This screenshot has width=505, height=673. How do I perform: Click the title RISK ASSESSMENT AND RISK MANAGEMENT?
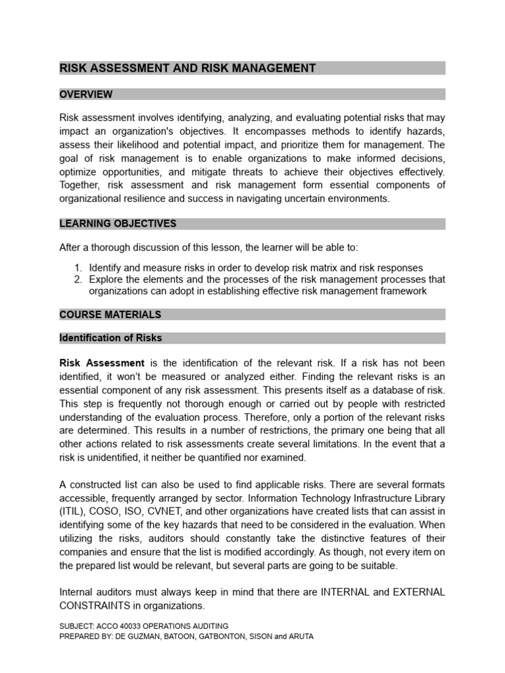(187, 68)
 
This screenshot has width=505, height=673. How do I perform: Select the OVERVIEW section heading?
(85, 95)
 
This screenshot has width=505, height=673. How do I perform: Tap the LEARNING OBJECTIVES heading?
(118, 223)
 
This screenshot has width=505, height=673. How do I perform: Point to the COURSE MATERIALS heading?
(110, 315)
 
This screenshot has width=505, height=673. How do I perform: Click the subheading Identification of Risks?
(110, 338)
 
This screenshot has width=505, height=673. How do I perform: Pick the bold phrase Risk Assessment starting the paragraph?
(102, 363)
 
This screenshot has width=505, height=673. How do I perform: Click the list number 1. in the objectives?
(78, 268)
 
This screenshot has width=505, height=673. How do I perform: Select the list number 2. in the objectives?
(78, 279)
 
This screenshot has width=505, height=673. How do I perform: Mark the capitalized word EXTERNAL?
(419, 592)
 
